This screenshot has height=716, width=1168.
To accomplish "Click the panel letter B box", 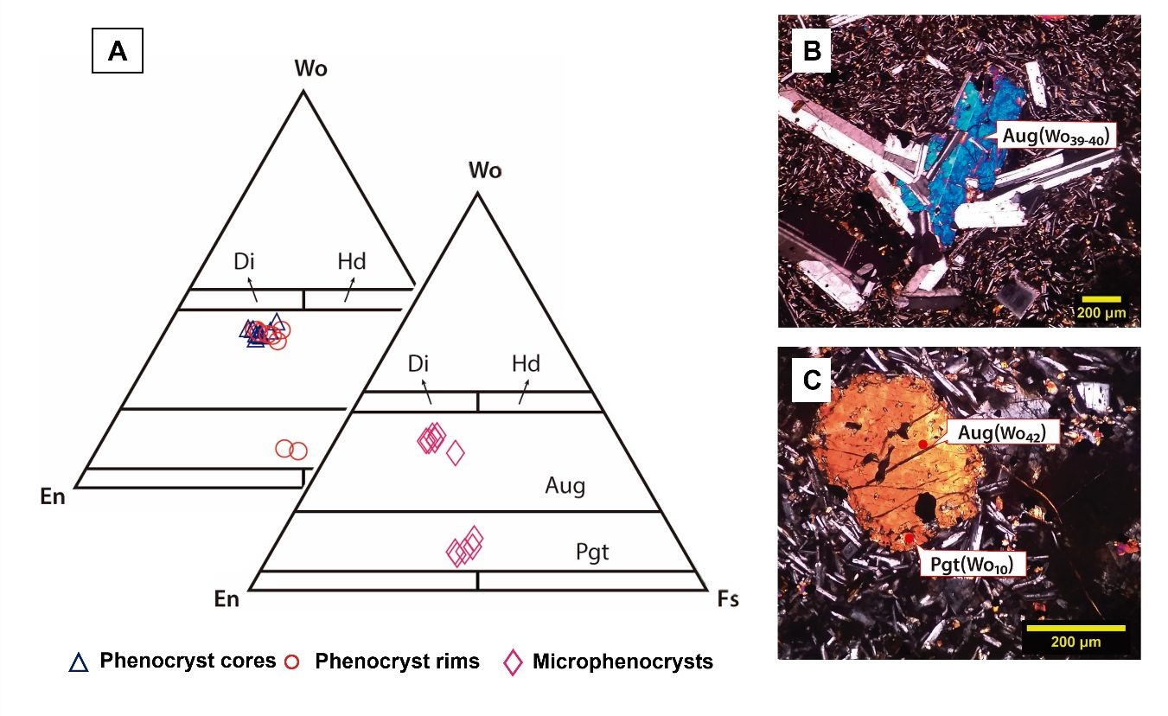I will (x=812, y=51).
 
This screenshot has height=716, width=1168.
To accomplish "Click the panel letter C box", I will (x=812, y=381).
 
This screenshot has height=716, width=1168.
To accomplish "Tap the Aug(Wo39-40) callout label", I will (x=1056, y=135).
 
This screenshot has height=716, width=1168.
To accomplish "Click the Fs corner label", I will (x=728, y=598).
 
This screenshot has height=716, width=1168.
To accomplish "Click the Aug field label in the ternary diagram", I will (x=565, y=486).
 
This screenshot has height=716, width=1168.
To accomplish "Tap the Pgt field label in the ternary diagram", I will (x=592, y=552).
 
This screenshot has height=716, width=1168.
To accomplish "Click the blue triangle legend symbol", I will (x=79, y=662).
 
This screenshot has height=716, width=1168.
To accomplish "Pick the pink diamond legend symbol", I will (x=514, y=662).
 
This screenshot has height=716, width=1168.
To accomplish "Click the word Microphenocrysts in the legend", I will (x=622, y=662).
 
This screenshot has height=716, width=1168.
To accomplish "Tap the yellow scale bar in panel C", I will (x=1074, y=628).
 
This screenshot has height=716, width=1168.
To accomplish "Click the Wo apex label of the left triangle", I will (x=310, y=69).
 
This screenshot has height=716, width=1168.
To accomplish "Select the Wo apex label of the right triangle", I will (x=484, y=170).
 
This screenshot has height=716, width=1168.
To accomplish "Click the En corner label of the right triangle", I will (x=227, y=598).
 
